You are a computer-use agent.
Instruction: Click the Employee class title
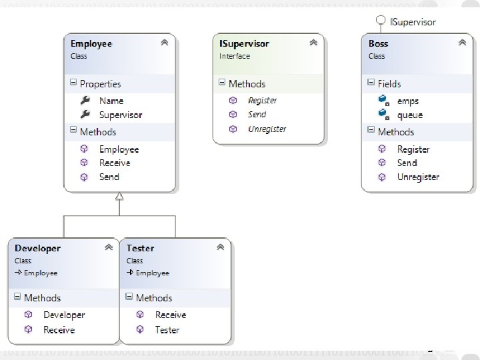click(x=91, y=43)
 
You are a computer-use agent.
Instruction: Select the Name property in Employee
click(x=111, y=101)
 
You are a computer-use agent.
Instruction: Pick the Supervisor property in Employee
click(x=120, y=115)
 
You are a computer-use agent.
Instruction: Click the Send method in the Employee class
click(x=109, y=177)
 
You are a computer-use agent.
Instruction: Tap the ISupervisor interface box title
click(x=244, y=43)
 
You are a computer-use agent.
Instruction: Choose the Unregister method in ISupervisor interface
click(x=267, y=129)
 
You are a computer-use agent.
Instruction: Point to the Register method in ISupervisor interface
click(x=262, y=100)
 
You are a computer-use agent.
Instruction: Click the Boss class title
click(x=378, y=43)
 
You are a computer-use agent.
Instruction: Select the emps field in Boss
click(x=407, y=101)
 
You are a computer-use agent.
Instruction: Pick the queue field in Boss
click(x=409, y=115)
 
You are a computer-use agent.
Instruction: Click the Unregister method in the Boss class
click(x=417, y=177)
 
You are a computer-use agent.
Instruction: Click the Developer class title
click(x=37, y=248)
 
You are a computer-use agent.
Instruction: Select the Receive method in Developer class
click(x=59, y=330)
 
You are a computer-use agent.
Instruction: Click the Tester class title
click(x=140, y=248)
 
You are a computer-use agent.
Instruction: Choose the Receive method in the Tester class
click(x=170, y=315)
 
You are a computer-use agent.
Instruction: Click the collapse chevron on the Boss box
click(x=462, y=43)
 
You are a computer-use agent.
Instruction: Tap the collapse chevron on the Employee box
click(x=165, y=43)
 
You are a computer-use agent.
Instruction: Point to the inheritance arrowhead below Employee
click(x=119, y=197)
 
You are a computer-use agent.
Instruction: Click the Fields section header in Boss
click(x=389, y=83)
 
